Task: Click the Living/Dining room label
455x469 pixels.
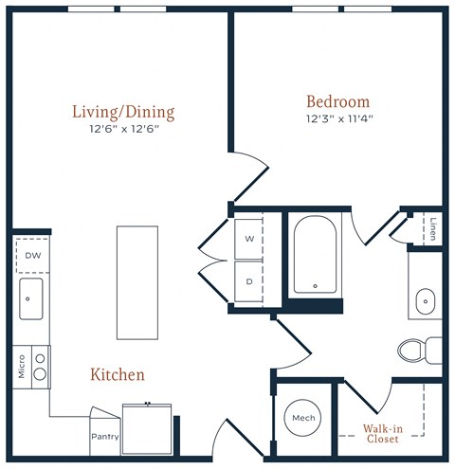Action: click(123, 113)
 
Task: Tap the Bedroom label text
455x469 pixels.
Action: click(338, 101)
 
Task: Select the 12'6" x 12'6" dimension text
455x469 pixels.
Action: click(124, 129)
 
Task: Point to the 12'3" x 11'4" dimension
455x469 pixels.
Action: click(339, 119)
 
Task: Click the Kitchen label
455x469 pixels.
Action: click(118, 374)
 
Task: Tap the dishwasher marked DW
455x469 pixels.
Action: click(33, 256)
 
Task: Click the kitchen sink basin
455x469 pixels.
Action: click(31, 298)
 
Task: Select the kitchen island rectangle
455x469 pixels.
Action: click(137, 282)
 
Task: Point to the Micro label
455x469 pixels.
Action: click(21, 367)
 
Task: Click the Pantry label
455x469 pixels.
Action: click(105, 437)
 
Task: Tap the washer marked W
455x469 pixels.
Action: click(248, 239)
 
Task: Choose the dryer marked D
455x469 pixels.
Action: click(248, 281)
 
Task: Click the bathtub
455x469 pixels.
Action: click(315, 255)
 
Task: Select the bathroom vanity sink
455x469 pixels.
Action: click(426, 301)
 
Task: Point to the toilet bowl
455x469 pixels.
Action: click(409, 350)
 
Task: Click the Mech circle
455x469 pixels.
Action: click(303, 418)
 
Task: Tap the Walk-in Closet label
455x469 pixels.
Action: click(383, 434)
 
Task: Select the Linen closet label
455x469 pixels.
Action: click(433, 229)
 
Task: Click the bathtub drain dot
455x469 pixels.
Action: click(315, 286)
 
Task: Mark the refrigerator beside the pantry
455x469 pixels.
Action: click(147, 429)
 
